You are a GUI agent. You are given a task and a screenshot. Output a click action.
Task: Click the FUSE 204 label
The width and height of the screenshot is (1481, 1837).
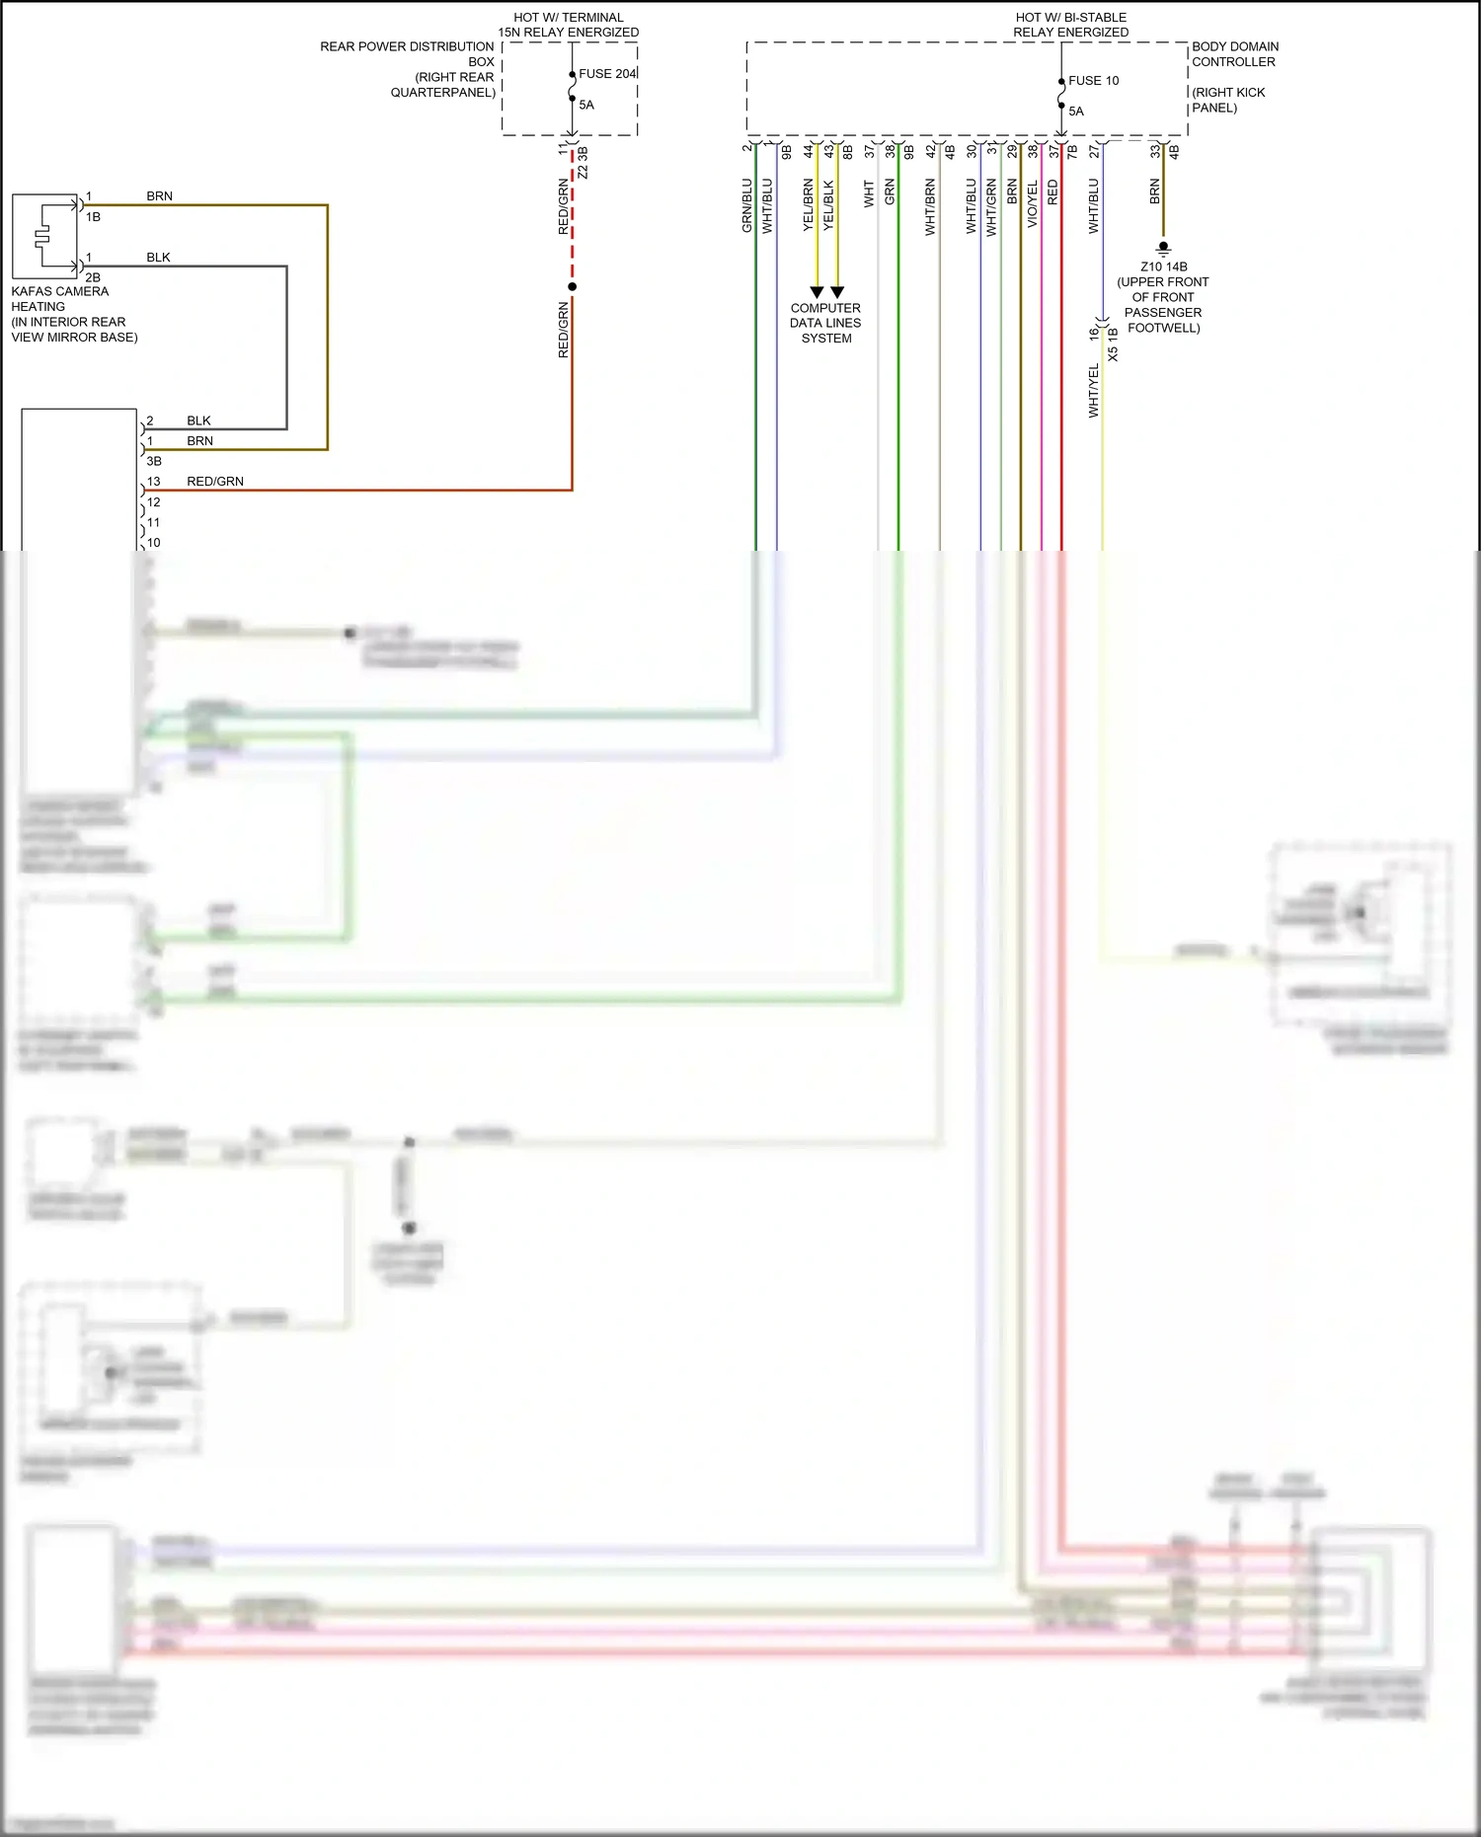click(607, 74)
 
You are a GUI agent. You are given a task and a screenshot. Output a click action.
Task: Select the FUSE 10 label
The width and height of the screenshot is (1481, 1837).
click(1093, 81)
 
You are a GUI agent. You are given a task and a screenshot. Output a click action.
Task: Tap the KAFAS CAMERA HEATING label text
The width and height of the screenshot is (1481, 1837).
click(60, 299)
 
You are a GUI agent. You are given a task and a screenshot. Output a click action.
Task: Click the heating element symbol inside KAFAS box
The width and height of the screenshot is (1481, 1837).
click(41, 237)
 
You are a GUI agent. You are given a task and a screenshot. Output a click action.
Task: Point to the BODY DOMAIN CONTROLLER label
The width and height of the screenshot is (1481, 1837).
click(1234, 54)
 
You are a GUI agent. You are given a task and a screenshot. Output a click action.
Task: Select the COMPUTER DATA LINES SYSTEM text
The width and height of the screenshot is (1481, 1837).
click(825, 323)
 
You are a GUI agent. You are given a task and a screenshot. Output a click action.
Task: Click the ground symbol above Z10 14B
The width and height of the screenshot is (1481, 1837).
click(1163, 249)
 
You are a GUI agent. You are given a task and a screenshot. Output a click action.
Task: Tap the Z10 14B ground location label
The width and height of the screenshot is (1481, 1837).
click(1163, 267)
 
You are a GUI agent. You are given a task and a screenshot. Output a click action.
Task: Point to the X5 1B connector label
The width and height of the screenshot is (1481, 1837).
click(1113, 344)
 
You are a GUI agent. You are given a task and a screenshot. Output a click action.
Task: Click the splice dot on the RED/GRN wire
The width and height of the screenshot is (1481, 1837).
click(572, 286)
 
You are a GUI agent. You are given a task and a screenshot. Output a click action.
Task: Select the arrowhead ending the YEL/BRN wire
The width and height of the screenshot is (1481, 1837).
click(817, 292)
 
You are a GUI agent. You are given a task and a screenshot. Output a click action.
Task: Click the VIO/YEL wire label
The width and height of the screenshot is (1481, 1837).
click(1032, 205)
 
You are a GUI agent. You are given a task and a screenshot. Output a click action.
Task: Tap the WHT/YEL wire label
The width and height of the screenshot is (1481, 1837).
click(1093, 391)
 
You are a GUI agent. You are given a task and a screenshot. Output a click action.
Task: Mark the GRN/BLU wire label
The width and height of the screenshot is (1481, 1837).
click(746, 205)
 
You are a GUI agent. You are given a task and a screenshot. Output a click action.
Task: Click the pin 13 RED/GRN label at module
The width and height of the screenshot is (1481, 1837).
click(214, 482)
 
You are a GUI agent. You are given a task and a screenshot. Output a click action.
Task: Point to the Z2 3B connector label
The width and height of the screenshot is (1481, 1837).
click(583, 163)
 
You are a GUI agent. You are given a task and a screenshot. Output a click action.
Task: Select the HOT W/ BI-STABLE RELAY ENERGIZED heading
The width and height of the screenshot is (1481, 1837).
click(1070, 25)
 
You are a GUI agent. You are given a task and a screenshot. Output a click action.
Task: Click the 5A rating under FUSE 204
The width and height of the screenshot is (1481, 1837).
click(586, 105)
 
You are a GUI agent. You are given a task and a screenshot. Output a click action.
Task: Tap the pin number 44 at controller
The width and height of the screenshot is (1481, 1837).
click(808, 151)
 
